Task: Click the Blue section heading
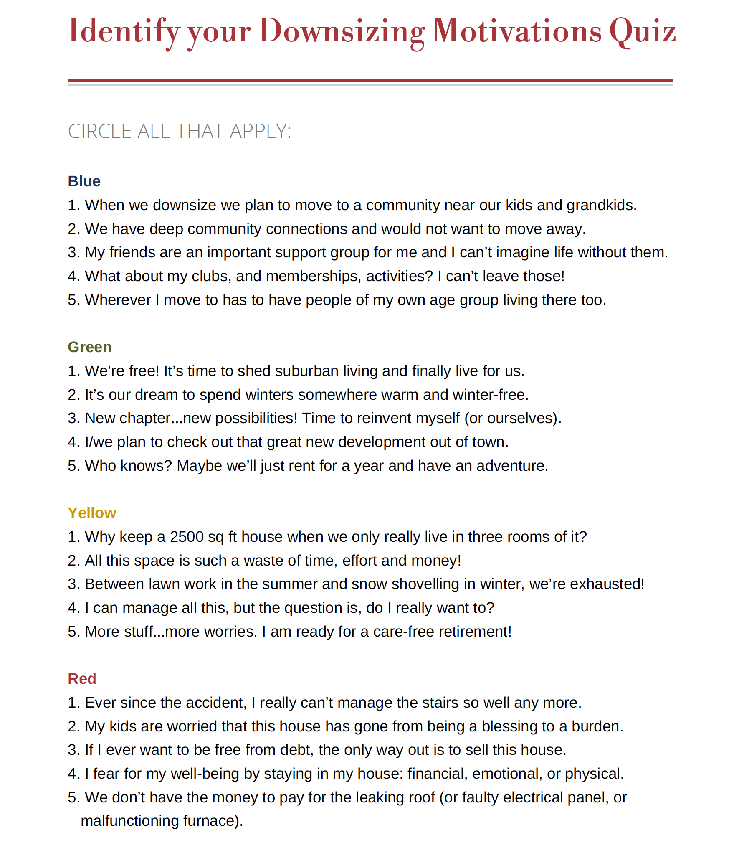pyautogui.click(x=84, y=181)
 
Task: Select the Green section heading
pyautogui.click(x=90, y=347)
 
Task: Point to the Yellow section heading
pyautogui.click(x=92, y=513)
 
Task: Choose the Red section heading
pyautogui.click(x=82, y=679)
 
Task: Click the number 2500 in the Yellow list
pyautogui.click(x=186, y=537)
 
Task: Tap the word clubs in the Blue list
pyautogui.click(x=211, y=277)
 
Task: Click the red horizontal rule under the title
pyautogui.click(x=370, y=81)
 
